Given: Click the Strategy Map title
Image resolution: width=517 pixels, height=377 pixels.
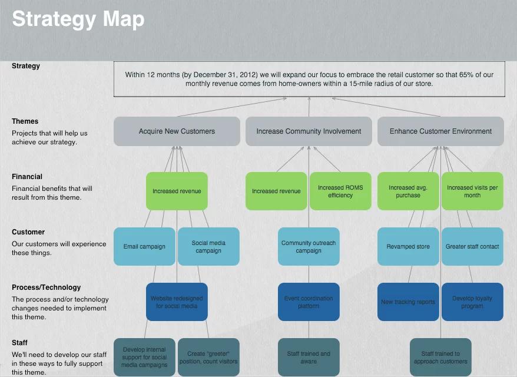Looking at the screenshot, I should pyautogui.click(x=78, y=19).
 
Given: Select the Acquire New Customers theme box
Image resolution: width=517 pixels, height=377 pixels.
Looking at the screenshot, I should pyautogui.click(x=177, y=131).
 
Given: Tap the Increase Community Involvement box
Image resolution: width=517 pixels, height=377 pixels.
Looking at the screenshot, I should pyautogui.click(x=309, y=131).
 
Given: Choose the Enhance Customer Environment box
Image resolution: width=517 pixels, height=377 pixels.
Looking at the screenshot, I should pyautogui.click(x=440, y=131).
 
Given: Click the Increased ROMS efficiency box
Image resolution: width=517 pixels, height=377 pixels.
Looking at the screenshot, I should pyautogui.click(x=340, y=191).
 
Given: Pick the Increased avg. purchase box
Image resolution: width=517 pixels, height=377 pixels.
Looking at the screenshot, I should pyautogui.click(x=408, y=191).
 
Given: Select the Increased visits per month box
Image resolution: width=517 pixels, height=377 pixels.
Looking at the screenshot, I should pyautogui.click(x=472, y=191).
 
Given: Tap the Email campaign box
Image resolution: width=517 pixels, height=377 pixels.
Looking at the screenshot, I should pyautogui.click(x=144, y=246).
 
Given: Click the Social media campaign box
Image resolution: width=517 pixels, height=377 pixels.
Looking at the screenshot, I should pyautogui.click(x=208, y=246).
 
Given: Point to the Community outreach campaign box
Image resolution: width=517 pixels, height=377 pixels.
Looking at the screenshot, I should pyautogui.click(x=309, y=246).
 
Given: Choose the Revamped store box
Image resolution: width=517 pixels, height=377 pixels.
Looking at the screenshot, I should pyautogui.click(x=408, y=246).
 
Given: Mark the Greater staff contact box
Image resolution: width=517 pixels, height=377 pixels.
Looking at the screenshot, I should pyautogui.click(x=472, y=246).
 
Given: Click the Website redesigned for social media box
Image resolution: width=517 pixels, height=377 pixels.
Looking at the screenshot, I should pyautogui.click(x=177, y=302).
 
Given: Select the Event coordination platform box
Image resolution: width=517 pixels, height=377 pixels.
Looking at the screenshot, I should pyautogui.click(x=309, y=302).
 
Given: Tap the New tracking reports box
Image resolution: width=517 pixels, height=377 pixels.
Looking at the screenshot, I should pyautogui.click(x=408, y=302).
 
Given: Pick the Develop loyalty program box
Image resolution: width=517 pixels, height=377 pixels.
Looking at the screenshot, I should pyautogui.click(x=472, y=302).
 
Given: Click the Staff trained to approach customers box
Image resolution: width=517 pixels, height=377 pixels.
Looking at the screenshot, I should pyautogui.click(x=440, y=357).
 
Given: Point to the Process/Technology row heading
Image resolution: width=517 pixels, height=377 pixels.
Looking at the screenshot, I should pyautogui.click(x=47, y=287).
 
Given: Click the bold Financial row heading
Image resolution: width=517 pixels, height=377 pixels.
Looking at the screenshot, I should pyautogui.click(x=27, y=177).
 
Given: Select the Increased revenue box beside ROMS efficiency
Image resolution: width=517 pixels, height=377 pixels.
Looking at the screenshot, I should pyautogui.click(x=276, y=191).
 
